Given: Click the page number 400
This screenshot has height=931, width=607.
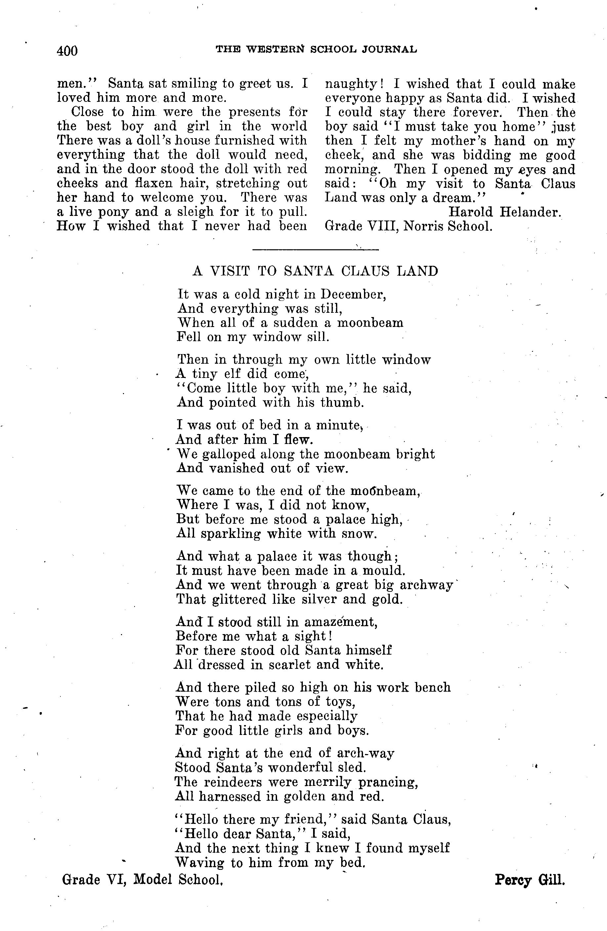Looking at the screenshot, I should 67,51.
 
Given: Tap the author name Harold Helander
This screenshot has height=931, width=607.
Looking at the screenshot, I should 505,212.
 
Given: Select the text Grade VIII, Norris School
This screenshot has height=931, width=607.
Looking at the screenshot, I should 408,226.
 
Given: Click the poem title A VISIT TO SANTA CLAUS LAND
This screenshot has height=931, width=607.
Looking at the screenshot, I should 315,271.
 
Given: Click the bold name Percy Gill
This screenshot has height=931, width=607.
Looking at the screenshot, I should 530,880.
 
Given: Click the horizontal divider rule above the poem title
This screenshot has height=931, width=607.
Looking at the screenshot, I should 315,249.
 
